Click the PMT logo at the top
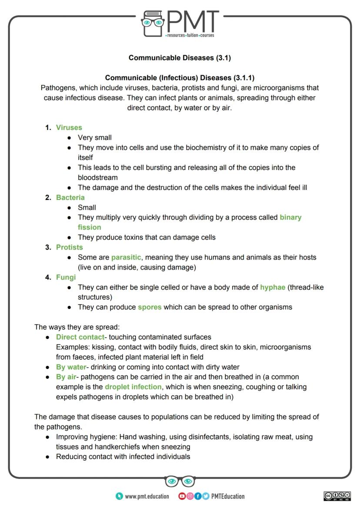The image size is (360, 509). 180,24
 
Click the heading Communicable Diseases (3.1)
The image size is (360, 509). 180,57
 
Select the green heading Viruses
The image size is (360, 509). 69,127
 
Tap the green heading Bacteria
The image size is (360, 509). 70,197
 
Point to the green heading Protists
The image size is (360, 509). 69,247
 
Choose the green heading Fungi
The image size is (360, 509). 66,277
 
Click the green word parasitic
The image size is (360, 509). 126,257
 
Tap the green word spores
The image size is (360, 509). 150,307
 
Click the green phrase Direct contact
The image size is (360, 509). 80,337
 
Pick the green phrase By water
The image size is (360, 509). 71,367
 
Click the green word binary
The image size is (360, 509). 290,217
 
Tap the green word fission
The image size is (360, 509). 89,227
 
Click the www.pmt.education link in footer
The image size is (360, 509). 147,496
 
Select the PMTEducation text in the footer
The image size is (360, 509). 227,496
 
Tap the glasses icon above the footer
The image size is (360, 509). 180,481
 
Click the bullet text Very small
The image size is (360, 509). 94,137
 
